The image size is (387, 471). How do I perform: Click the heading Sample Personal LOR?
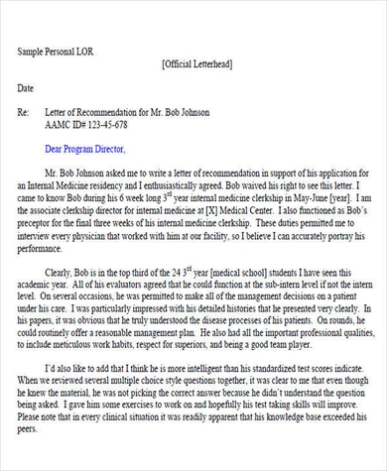click(x=57, y=51)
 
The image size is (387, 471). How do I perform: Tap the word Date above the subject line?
click(x=26, y=88)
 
